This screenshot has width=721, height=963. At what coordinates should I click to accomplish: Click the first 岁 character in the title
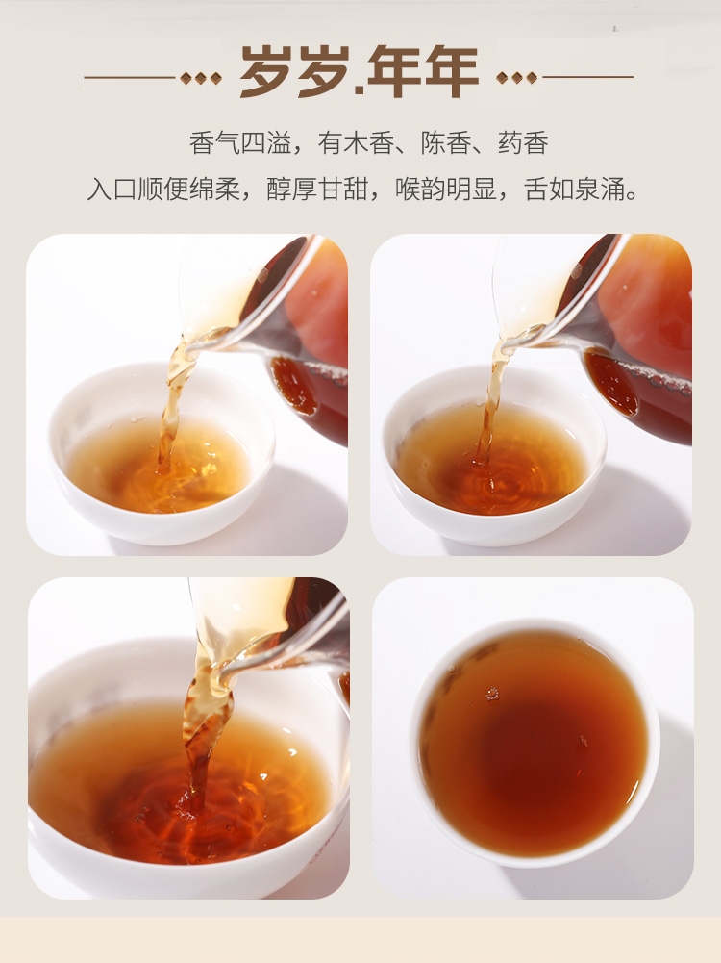point(265,72)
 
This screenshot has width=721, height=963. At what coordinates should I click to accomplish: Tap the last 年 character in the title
point(452,72)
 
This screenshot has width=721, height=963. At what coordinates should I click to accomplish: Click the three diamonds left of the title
point(201,78)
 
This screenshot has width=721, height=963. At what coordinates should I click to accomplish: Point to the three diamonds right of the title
point(516,78)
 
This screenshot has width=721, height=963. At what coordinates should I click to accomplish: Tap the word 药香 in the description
point(523,143)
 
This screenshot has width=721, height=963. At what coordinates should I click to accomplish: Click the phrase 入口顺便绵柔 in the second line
point(163,190)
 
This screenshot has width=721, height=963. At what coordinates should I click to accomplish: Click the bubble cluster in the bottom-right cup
point(492,694)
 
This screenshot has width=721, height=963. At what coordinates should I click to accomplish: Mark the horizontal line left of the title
point(130,78)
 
